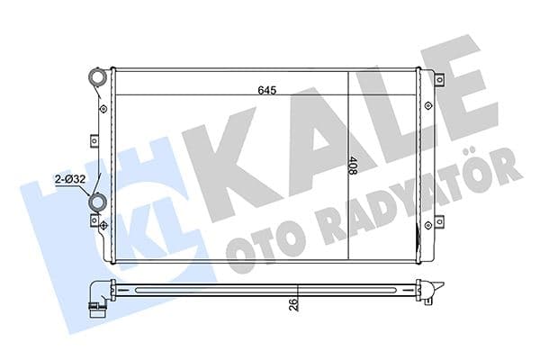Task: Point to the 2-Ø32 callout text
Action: (x=68, y=178)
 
